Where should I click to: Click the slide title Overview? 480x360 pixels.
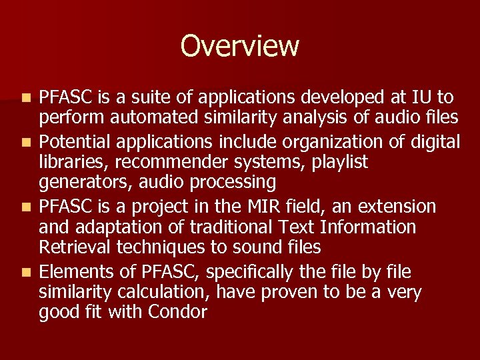240,46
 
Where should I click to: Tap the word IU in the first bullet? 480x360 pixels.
422,97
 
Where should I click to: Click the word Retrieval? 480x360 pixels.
75,247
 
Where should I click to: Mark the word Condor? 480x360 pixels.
179,312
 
